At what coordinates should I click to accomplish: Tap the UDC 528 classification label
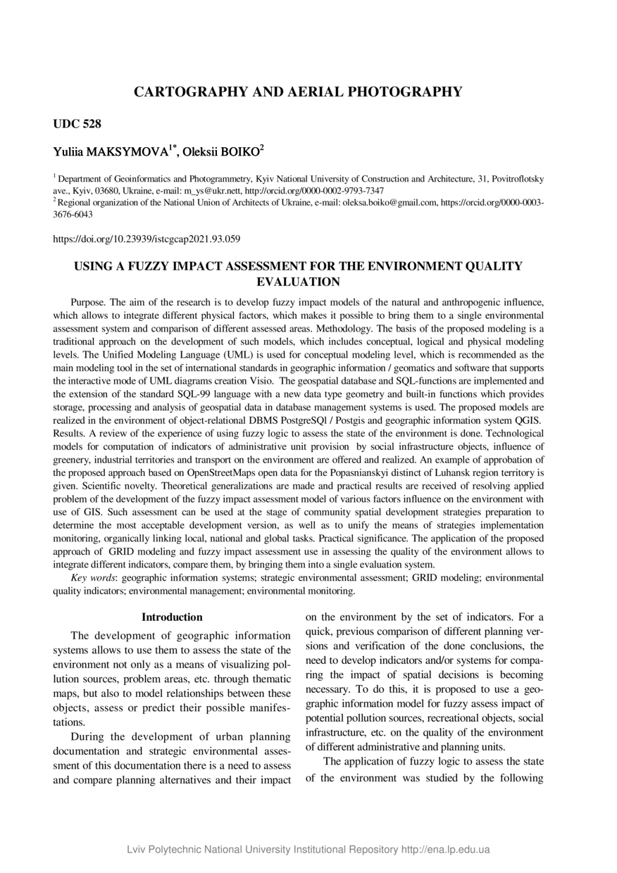tap(77, 125)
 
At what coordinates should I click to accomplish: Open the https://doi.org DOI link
tap(147, 239)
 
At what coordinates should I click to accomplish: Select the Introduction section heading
tap(172, 617)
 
